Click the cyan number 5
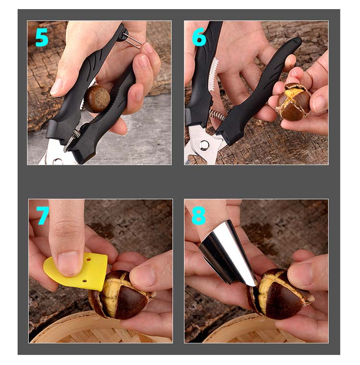[42, 37]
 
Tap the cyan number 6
[199, 37]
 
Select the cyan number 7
[43, 215]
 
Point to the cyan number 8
[199, 215]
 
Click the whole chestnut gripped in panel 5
[97, 99]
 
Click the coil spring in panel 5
[76, 135]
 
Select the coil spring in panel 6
[217, 115]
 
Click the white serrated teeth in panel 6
[213, 74]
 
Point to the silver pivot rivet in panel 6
[204, 145]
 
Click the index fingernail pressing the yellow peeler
[68, 263]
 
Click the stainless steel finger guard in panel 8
[227, 254]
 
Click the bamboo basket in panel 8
[254, 330]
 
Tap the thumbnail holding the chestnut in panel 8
[300, 275]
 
